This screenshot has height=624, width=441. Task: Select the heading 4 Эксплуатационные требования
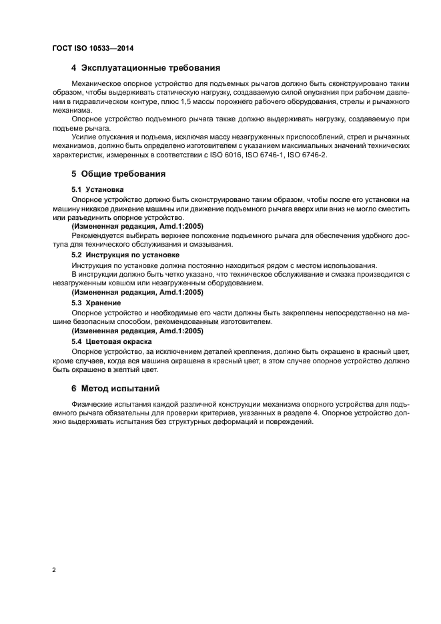pyautogui.click(x=145, y=68)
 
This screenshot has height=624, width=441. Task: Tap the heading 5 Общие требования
pyautogui.click(x=118, y=173)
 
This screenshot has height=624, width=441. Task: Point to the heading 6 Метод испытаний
pyautogui.click(x=115, y=388)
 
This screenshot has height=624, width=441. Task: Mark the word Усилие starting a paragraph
pyautogui.click(x=83, y=137)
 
